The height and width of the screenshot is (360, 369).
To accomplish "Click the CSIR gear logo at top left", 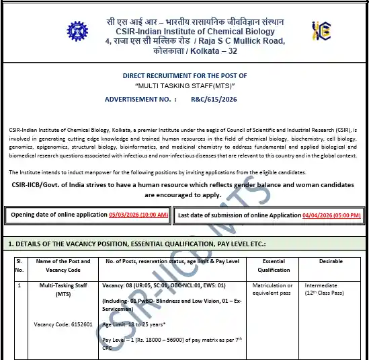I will (x=77, y=31).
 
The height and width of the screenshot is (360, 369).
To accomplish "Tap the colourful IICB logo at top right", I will (x=321, y=31).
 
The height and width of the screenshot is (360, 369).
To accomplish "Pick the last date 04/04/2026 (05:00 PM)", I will (x=331, y=215).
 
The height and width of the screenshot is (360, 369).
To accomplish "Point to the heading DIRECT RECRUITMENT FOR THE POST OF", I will (x=184, y=76).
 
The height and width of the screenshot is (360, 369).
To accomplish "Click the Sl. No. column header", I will (x=19, y=265).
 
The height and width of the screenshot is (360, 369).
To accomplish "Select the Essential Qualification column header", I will (x=274, y=265).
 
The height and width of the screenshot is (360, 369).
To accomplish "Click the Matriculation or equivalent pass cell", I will (x=273, y=290).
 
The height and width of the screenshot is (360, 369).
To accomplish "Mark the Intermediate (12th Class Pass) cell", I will (x=326, y=290).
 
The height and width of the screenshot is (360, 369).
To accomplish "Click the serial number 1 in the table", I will (x=19, y=286).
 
